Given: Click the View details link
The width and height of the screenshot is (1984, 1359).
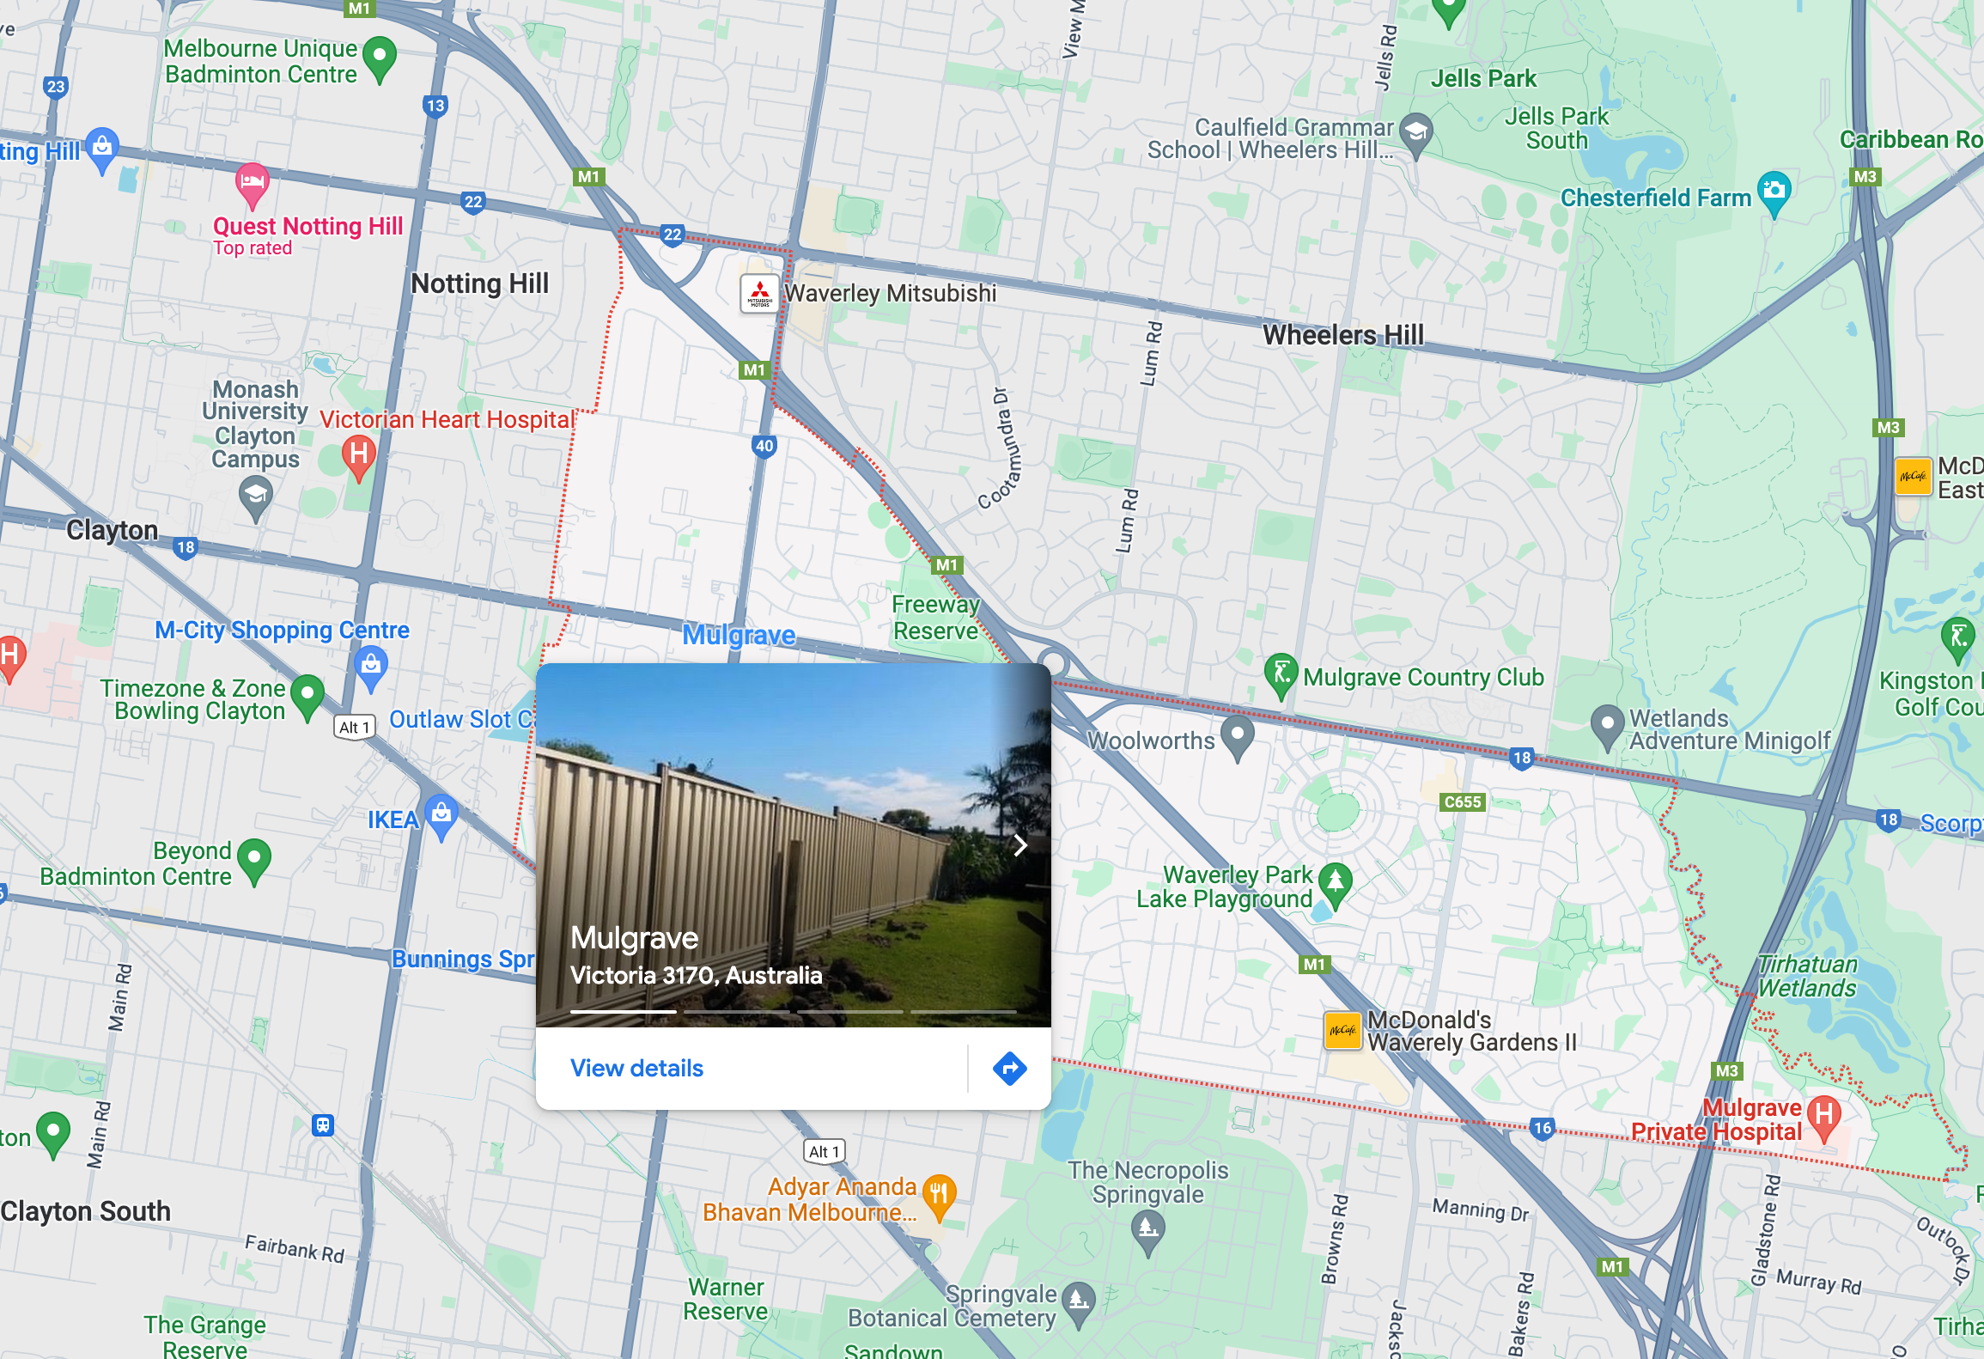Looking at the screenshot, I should coord(636,1068).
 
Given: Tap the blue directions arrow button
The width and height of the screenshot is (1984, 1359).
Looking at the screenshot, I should coord(1009,1069).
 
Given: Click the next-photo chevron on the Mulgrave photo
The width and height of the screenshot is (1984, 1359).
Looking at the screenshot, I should coord(1020,845).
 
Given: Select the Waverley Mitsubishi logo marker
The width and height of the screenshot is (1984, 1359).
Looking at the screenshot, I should coord(759,294).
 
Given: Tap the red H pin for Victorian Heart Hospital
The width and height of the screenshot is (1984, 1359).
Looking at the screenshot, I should coord(359,454).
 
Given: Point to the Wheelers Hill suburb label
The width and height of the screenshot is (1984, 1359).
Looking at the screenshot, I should coord(1343,335).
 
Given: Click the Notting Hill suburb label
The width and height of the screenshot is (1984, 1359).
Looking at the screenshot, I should coord(479,283).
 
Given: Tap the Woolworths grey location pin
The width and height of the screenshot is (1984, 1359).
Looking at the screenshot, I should coord(1237,736).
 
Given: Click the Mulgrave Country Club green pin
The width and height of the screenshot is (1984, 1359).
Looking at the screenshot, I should coord(1281,673).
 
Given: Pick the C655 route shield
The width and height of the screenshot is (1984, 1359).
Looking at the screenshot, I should coord(1463,801).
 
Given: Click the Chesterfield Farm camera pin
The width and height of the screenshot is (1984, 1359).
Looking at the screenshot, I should coord(1774,192).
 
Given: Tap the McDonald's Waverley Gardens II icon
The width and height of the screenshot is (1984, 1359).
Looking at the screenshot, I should coord(1342,1030).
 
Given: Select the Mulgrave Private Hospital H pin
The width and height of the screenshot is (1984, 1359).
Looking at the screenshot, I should coord(1824,1116).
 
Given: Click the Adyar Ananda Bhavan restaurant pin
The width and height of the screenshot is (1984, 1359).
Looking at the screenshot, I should coord(940,1193).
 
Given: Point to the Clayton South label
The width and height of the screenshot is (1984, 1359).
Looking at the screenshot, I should coord(86,1211).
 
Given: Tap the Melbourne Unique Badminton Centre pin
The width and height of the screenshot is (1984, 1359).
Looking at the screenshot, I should coord(380,57).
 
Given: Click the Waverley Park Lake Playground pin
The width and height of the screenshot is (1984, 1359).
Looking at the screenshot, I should coord(1336,882).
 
